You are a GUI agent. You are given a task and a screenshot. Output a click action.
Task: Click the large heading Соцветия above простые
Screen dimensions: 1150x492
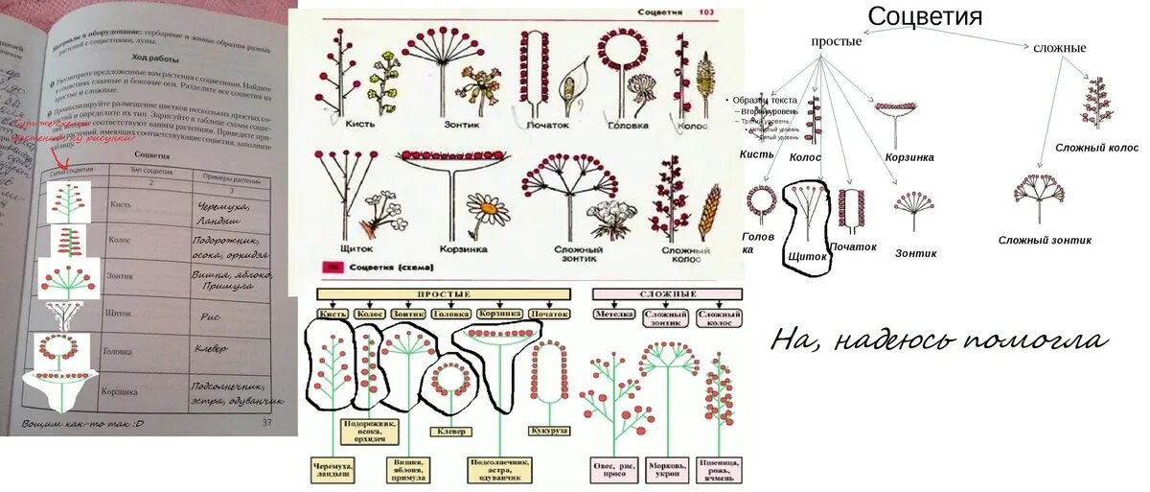(x=925, y=16)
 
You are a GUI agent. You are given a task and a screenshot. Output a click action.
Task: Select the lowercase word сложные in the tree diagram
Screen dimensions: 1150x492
(x=1059, y=47)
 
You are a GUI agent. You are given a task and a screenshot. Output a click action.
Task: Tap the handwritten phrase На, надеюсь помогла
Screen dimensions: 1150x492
(x=939, y=340)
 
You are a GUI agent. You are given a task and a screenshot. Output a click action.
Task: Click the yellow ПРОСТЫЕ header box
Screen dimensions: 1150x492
(x=445, y=293)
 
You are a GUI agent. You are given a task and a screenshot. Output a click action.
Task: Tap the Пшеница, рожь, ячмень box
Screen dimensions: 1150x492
(x=721, y=470)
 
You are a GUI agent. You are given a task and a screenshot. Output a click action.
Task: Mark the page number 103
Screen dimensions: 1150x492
(x=705, y=12)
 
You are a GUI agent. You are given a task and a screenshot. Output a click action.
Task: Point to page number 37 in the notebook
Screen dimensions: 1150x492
(x=266, y=422)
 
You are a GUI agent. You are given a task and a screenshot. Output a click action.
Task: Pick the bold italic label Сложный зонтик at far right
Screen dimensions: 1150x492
(x=1045, y=240)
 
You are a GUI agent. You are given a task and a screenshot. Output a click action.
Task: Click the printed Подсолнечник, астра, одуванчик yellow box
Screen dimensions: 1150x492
(x=499, y=470)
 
